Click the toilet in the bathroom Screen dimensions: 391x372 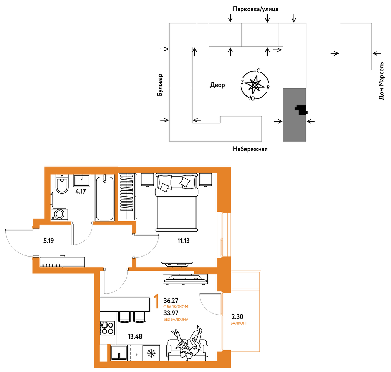(62, 184)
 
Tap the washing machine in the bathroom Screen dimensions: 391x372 (59, 214)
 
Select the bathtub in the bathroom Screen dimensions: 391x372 (105, 198)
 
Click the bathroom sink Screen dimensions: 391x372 (81, 180)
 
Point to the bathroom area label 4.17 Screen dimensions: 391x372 (81, 191)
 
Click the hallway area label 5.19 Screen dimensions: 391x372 (49, 241)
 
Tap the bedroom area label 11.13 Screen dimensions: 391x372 (183, 241)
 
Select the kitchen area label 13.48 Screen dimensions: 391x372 (135, 336)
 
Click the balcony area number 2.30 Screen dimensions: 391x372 (237, 317)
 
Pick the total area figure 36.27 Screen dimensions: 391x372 (171, 300)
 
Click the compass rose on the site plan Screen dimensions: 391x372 (255, 84)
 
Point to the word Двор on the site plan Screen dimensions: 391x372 (218, 85)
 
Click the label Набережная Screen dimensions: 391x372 (250, 149)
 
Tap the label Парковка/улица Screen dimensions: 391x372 (255, 9)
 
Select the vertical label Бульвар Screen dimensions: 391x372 (160, 85)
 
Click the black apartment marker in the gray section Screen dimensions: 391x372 (301, 110)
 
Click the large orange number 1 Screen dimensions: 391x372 (156, 301)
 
